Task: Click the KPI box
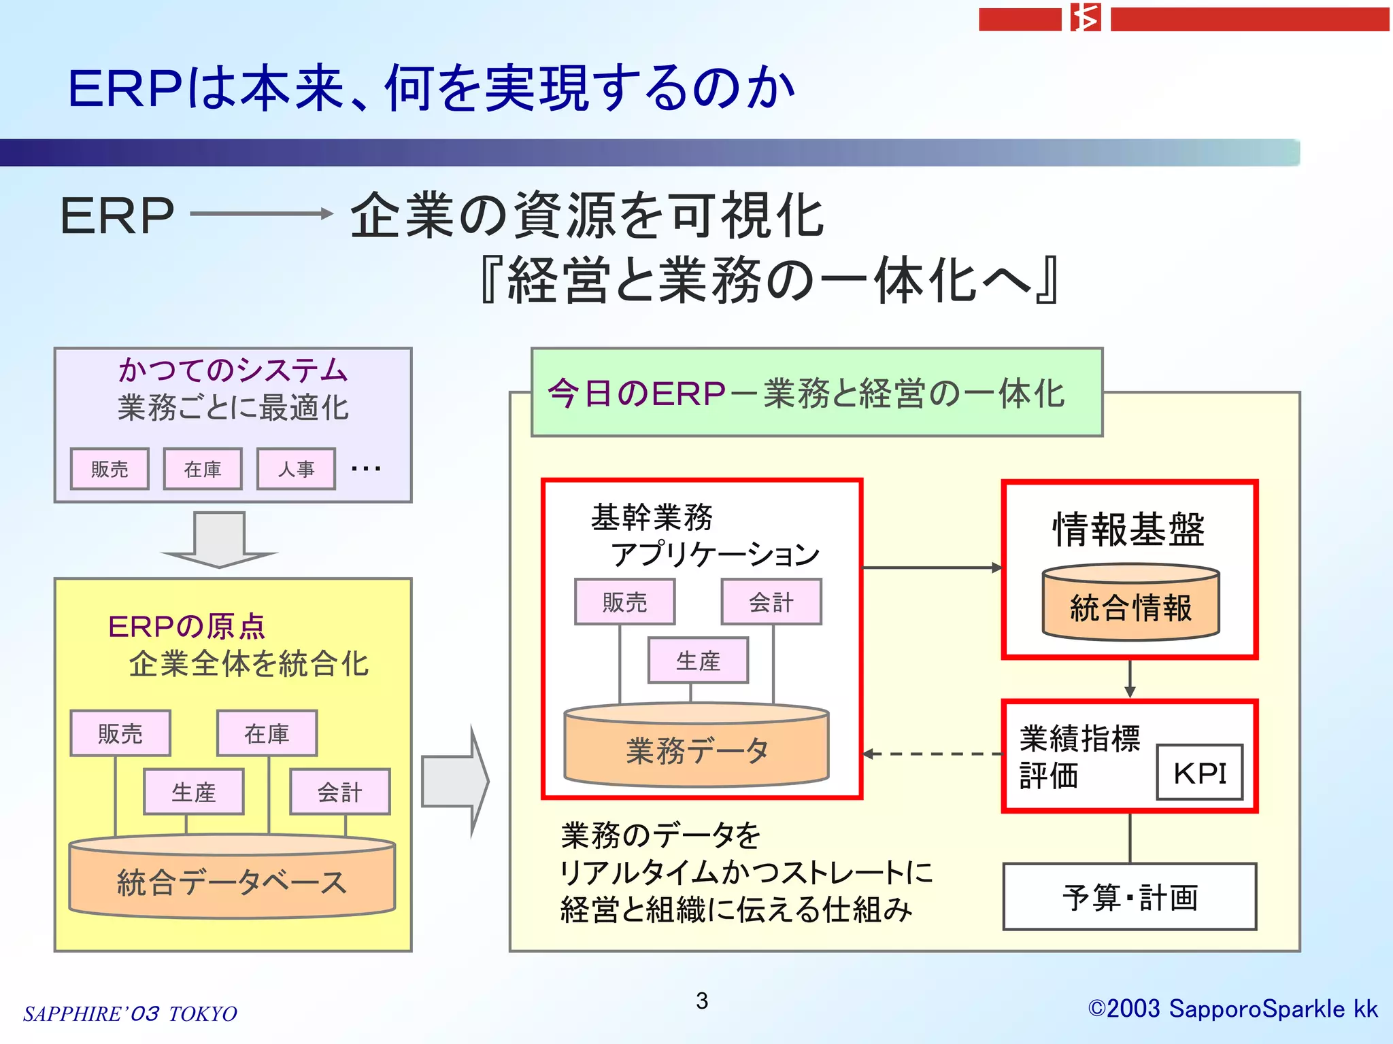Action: point(1199,773)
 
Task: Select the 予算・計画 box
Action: point(1129,897)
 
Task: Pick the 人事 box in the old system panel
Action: point(296,469)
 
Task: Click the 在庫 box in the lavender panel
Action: point(203,469)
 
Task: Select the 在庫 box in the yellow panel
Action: point(267,733)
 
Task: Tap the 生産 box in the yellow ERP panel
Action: point(193,792)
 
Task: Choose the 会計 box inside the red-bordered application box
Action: point(771,602)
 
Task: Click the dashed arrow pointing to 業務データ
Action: point(932,754)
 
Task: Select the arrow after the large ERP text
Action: point(261,213)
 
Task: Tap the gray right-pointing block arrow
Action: point(454,781)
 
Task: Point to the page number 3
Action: point(702,1000)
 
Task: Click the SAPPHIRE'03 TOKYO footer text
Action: point(130,1013)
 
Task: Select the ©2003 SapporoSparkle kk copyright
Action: point(1232,1009)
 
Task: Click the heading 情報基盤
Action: point(1129,529)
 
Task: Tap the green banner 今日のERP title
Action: point(806,393)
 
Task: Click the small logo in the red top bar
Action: point(1086,18)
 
